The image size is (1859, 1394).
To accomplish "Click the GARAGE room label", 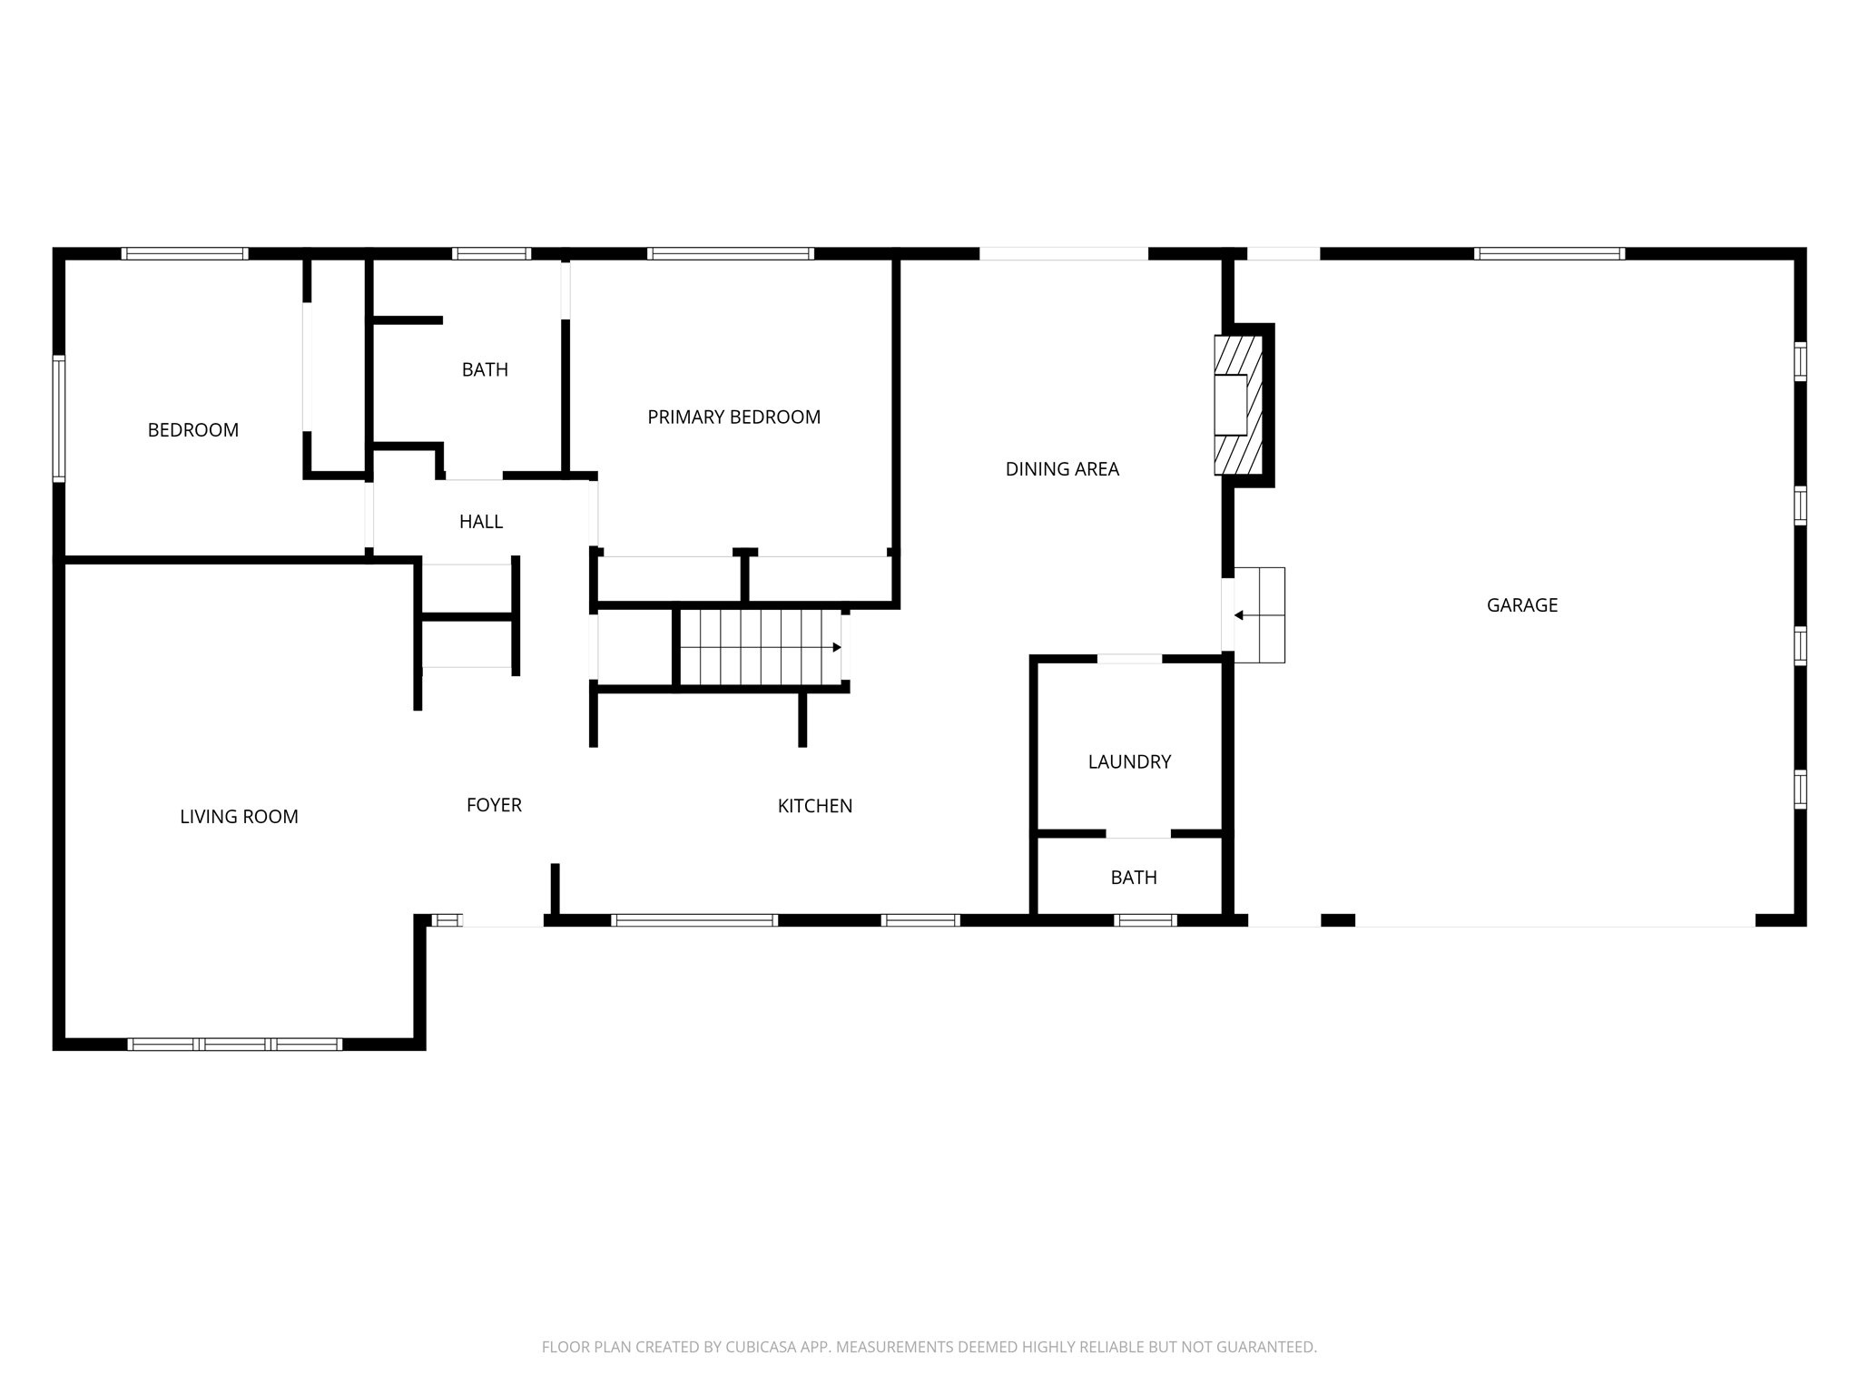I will coord(1521,605).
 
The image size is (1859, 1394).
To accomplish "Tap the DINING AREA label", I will coord(1062,469).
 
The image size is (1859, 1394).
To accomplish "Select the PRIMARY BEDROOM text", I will coord(733,417).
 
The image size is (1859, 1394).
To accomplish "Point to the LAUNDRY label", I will coord(1129,761).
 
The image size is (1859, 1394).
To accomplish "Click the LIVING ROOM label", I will coord(239,817).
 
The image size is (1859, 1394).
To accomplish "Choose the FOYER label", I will coord(494,805).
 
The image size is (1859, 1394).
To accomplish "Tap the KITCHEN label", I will coord(814,806).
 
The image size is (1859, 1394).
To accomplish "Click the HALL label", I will coord(480,522).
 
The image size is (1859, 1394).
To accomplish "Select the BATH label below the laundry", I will coord(1134,878).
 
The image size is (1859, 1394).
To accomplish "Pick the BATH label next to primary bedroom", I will coord(485,369).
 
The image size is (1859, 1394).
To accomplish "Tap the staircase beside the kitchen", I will coord(759,647).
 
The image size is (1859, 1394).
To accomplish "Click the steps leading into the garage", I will coord(1260,614).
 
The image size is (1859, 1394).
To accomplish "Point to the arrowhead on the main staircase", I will coord(836,647).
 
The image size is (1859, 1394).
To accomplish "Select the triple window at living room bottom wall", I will coord(235,1045).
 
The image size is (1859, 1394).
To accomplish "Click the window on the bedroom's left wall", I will coord(59,417).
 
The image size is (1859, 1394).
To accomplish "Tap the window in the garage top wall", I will coord(1549,254).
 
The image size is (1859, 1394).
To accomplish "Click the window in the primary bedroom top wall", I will coord(731,254).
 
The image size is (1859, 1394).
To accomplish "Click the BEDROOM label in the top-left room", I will coord(192,430).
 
